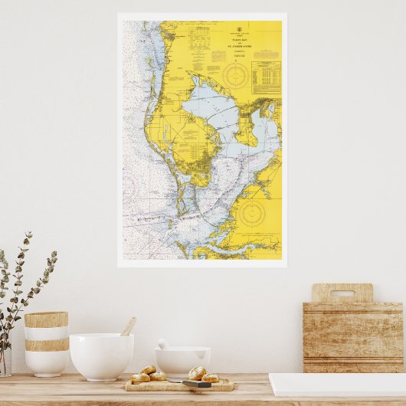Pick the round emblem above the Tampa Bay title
point(239,29)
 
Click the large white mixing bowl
point(101,356)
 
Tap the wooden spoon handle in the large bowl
point(128,327)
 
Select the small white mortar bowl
point(182,361)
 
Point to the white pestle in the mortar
point(163,345)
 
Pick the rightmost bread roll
point(210,378)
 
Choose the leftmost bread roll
point(140,378)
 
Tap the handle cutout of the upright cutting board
point(342,293)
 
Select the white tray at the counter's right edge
point(337,385)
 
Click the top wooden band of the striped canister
point(46,319)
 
